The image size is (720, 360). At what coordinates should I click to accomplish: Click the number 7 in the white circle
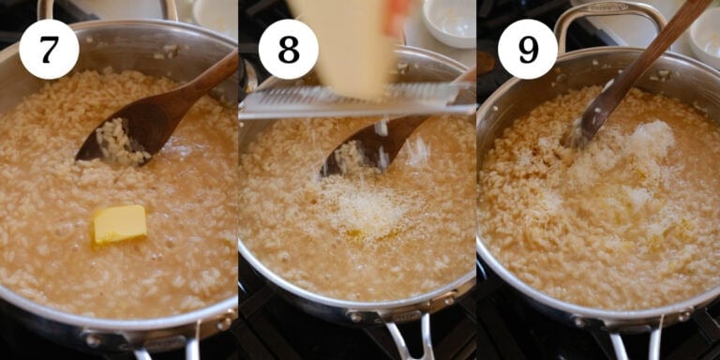coord(48,49)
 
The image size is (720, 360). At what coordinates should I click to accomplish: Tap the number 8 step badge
coord(288,49)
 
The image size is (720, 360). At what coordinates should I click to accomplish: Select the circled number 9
coord(528,49)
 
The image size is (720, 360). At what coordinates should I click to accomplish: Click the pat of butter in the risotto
coord(120,224)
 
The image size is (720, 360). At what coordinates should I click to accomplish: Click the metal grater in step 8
coord(356,98)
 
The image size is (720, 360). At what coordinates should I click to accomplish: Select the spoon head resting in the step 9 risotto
coord(587,127)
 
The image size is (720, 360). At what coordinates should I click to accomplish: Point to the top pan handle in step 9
coord(609,14)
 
